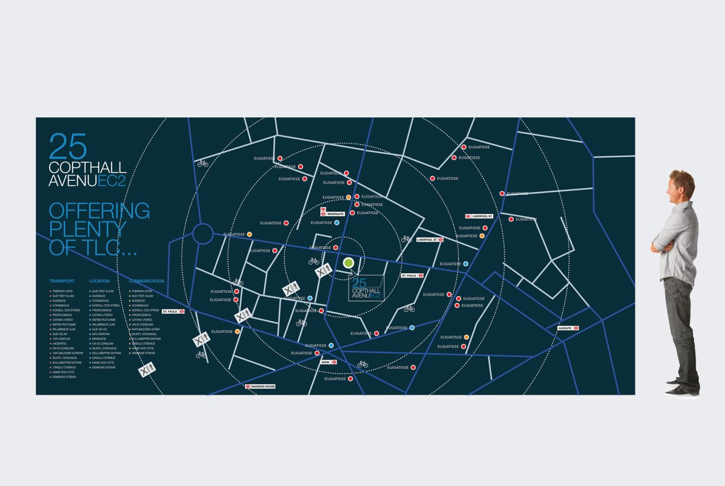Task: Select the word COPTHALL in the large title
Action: [x=88, y=168]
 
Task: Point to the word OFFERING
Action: [x=99, y=211]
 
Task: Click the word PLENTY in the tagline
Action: [x=88, y=229]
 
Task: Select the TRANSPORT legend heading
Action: [x=62, y=281]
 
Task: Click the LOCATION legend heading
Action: [x=99, y=281]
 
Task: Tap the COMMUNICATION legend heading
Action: [x=146, y=281]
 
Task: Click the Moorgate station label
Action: [x=335, y=214]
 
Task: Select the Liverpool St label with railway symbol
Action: [x=479, y=216]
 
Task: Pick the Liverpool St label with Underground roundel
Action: [x=430, y=240]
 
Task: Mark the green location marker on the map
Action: [x=349, y=262]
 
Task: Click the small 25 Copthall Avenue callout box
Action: [x=366, y=288]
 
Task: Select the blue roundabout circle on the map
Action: [x=203, y=234]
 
